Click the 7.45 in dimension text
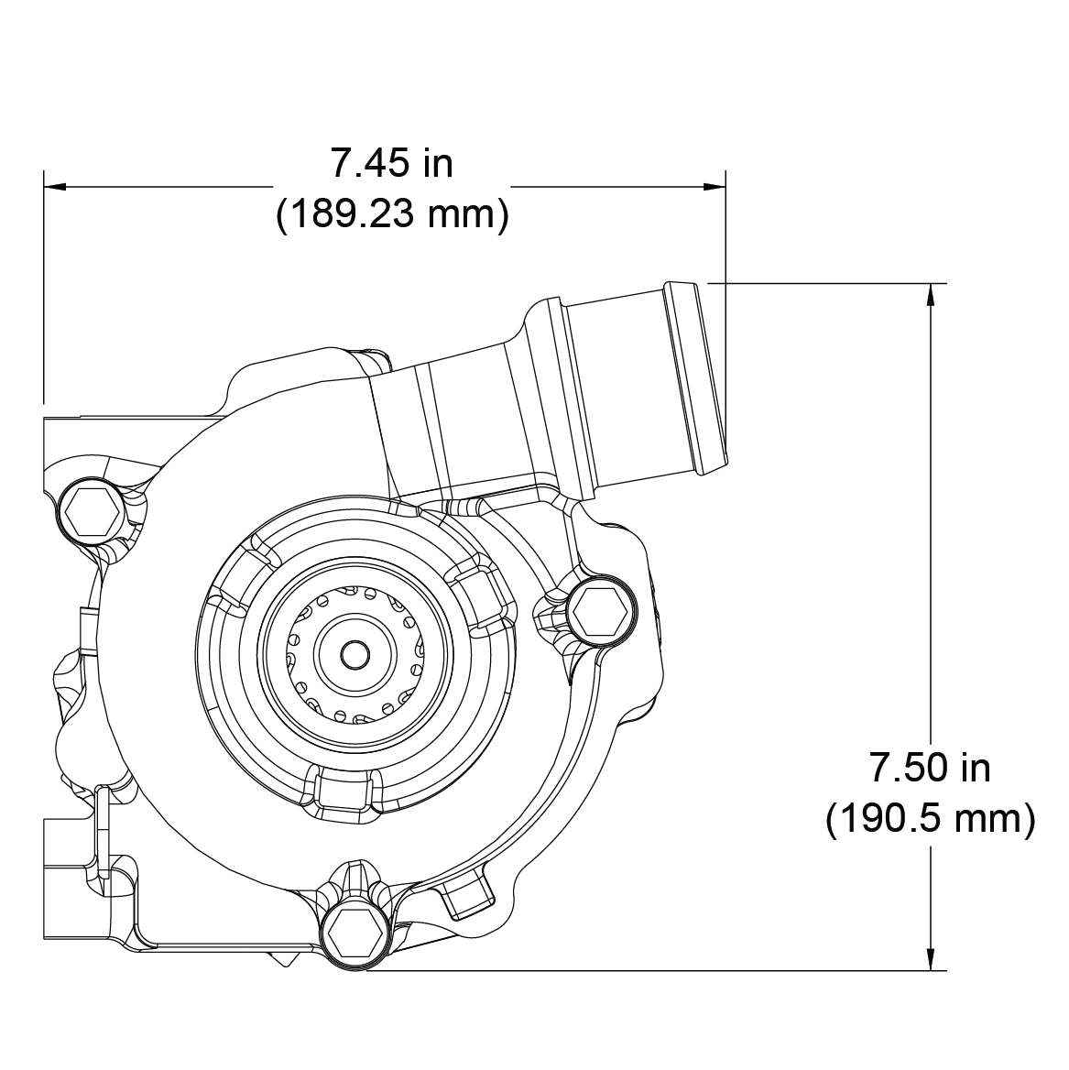pos(392,164)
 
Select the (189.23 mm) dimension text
pos(392,214)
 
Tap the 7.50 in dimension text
pos(929,768)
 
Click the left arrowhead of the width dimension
pos(55,187)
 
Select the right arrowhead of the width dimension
pos(714,187)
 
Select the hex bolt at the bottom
pos(353,932)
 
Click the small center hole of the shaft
pos(354,654)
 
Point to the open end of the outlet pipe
pos(702,380)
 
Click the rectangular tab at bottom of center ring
pos(348,792)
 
